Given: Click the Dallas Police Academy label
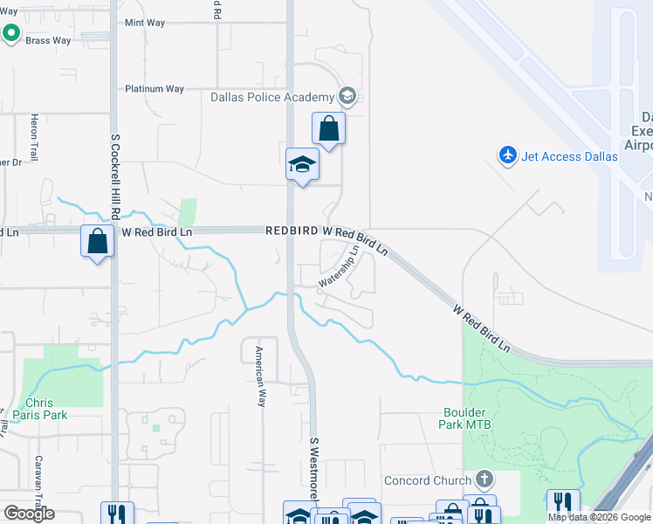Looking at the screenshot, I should [272, 97].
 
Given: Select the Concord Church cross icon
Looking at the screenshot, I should [485, 479].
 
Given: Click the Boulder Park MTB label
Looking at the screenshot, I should [469, 417].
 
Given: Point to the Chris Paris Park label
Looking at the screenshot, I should [45, 409].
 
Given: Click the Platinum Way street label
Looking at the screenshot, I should [155, 89].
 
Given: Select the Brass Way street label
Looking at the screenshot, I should [48, 40].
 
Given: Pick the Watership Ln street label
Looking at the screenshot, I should [340, 265].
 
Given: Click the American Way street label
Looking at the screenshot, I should [259, 376].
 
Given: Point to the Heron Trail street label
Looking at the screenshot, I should [35, 137].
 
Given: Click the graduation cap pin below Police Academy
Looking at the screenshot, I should [302, 164].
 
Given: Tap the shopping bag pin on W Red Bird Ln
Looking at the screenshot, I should [98, 240].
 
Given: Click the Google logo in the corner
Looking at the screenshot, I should [29, 514].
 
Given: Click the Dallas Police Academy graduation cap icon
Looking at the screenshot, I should [347, 96].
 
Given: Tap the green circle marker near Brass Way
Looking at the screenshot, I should [11, 33].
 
